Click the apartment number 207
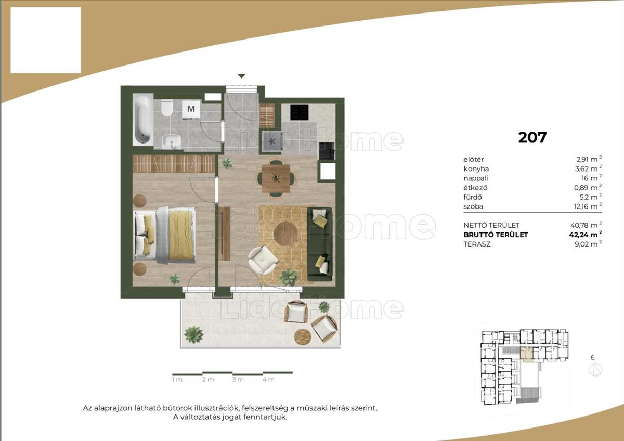(x=532, y=137)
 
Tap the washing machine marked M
(x=191, y=109)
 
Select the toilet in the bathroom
(x=167, y=108)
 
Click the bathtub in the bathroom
(x=143, y=119)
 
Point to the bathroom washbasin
(x=171, y=141)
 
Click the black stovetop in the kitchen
(x=299, y=112)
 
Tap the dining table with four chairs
(x=276, y=178)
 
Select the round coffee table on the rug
(x=285, y=232)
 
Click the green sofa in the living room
(x=319, y=244)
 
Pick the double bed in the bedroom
(x=165, y=235)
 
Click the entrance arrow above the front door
(x=241, y=76)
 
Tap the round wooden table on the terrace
(x=303, y=337)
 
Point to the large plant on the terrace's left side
(x=193, y=334)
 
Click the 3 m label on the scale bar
(x=238, y=380)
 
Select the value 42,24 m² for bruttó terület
(x=586, y=235)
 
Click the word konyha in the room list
(x=476, y=169)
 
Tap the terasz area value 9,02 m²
(x=588, y=244)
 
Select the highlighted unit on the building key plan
(x=526, y=354)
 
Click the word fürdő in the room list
(x=473, y=197)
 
